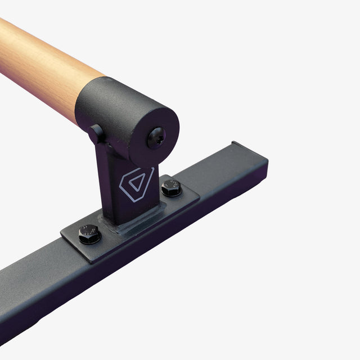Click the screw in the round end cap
(156, 137)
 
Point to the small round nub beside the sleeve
(96, 133)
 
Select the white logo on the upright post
(136, 183)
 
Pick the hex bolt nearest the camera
(89, 234)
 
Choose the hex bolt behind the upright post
(172, 188)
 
